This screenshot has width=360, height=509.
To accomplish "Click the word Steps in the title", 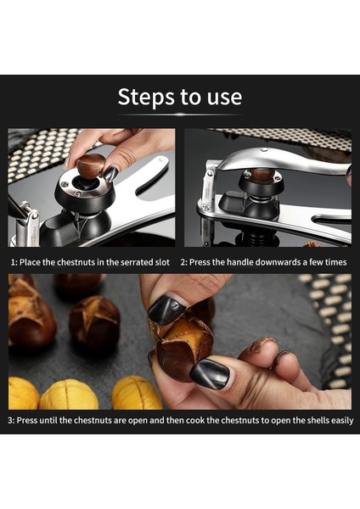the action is [x=146, y=97].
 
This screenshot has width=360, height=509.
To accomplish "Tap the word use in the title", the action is [x=224, y=98].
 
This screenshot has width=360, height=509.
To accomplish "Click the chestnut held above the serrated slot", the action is [x=91, y=166].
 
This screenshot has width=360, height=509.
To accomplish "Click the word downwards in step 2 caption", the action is [x=278, y=262].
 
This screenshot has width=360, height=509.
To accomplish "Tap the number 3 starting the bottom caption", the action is [x=10, y=421].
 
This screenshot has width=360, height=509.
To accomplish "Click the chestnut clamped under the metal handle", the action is [x=262, y=174].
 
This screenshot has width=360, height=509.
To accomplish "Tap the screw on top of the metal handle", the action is [x=264, y=150].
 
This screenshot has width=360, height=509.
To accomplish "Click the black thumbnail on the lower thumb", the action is [x=210, y=374].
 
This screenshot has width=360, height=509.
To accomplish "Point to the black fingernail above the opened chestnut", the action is [x=166, y=310].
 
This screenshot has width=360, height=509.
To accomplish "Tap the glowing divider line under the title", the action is [x=180, y=115].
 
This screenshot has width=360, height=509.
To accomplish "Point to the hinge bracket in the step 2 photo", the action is [x=208, y=185].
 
